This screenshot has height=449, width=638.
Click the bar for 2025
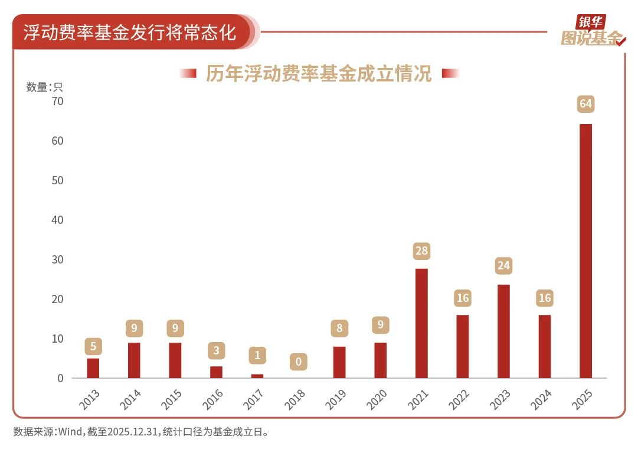click(585, 251)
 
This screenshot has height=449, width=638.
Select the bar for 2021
click(421, 323)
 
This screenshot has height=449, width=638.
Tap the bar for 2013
click(93, 368)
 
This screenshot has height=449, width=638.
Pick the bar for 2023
click(503, 331)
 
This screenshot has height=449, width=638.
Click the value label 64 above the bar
click(585, 105)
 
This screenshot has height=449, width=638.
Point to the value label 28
click(421, 251)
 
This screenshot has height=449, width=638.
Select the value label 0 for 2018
click(299, 362)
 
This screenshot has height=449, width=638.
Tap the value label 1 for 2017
click(257, 356)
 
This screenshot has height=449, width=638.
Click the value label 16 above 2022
click(463, 298)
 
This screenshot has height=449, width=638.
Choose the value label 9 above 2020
click(381, 324)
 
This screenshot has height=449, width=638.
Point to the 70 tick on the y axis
click(57, 102)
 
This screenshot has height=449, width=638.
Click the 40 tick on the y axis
click(57, 220)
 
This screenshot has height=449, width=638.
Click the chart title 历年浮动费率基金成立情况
click(319, 74)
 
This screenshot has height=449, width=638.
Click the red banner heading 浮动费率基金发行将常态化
click(130, 32)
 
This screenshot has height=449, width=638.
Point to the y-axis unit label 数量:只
click(44, 87)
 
